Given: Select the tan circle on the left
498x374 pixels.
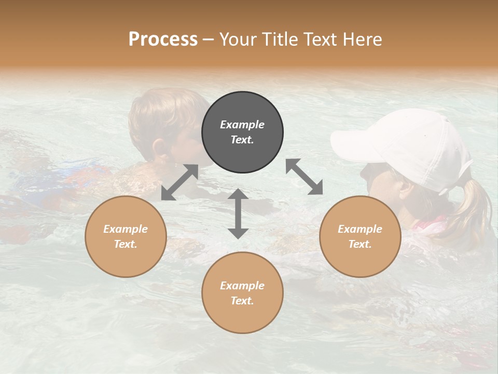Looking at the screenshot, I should click(x=126, y=236).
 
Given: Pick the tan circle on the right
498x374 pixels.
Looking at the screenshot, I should click(x=360, y=236).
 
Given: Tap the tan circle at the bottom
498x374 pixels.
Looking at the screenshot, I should click(x=242, y=292).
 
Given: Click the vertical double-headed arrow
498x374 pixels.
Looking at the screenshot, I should click(x=238, y=213).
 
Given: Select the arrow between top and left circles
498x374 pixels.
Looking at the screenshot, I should click(x=179, y=182).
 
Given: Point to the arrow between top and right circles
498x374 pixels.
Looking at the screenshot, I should click(x=304, y=177).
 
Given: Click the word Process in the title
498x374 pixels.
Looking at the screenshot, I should click(x=163, y=39).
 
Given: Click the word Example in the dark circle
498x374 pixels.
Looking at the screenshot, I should click(x=242, y=125).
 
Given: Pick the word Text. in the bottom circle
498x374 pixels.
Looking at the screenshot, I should click(x=242, y=301).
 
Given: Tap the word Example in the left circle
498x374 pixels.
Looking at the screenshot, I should click(x=126, y=229).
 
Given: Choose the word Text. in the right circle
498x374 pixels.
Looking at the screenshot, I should click(x=360, y=244).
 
